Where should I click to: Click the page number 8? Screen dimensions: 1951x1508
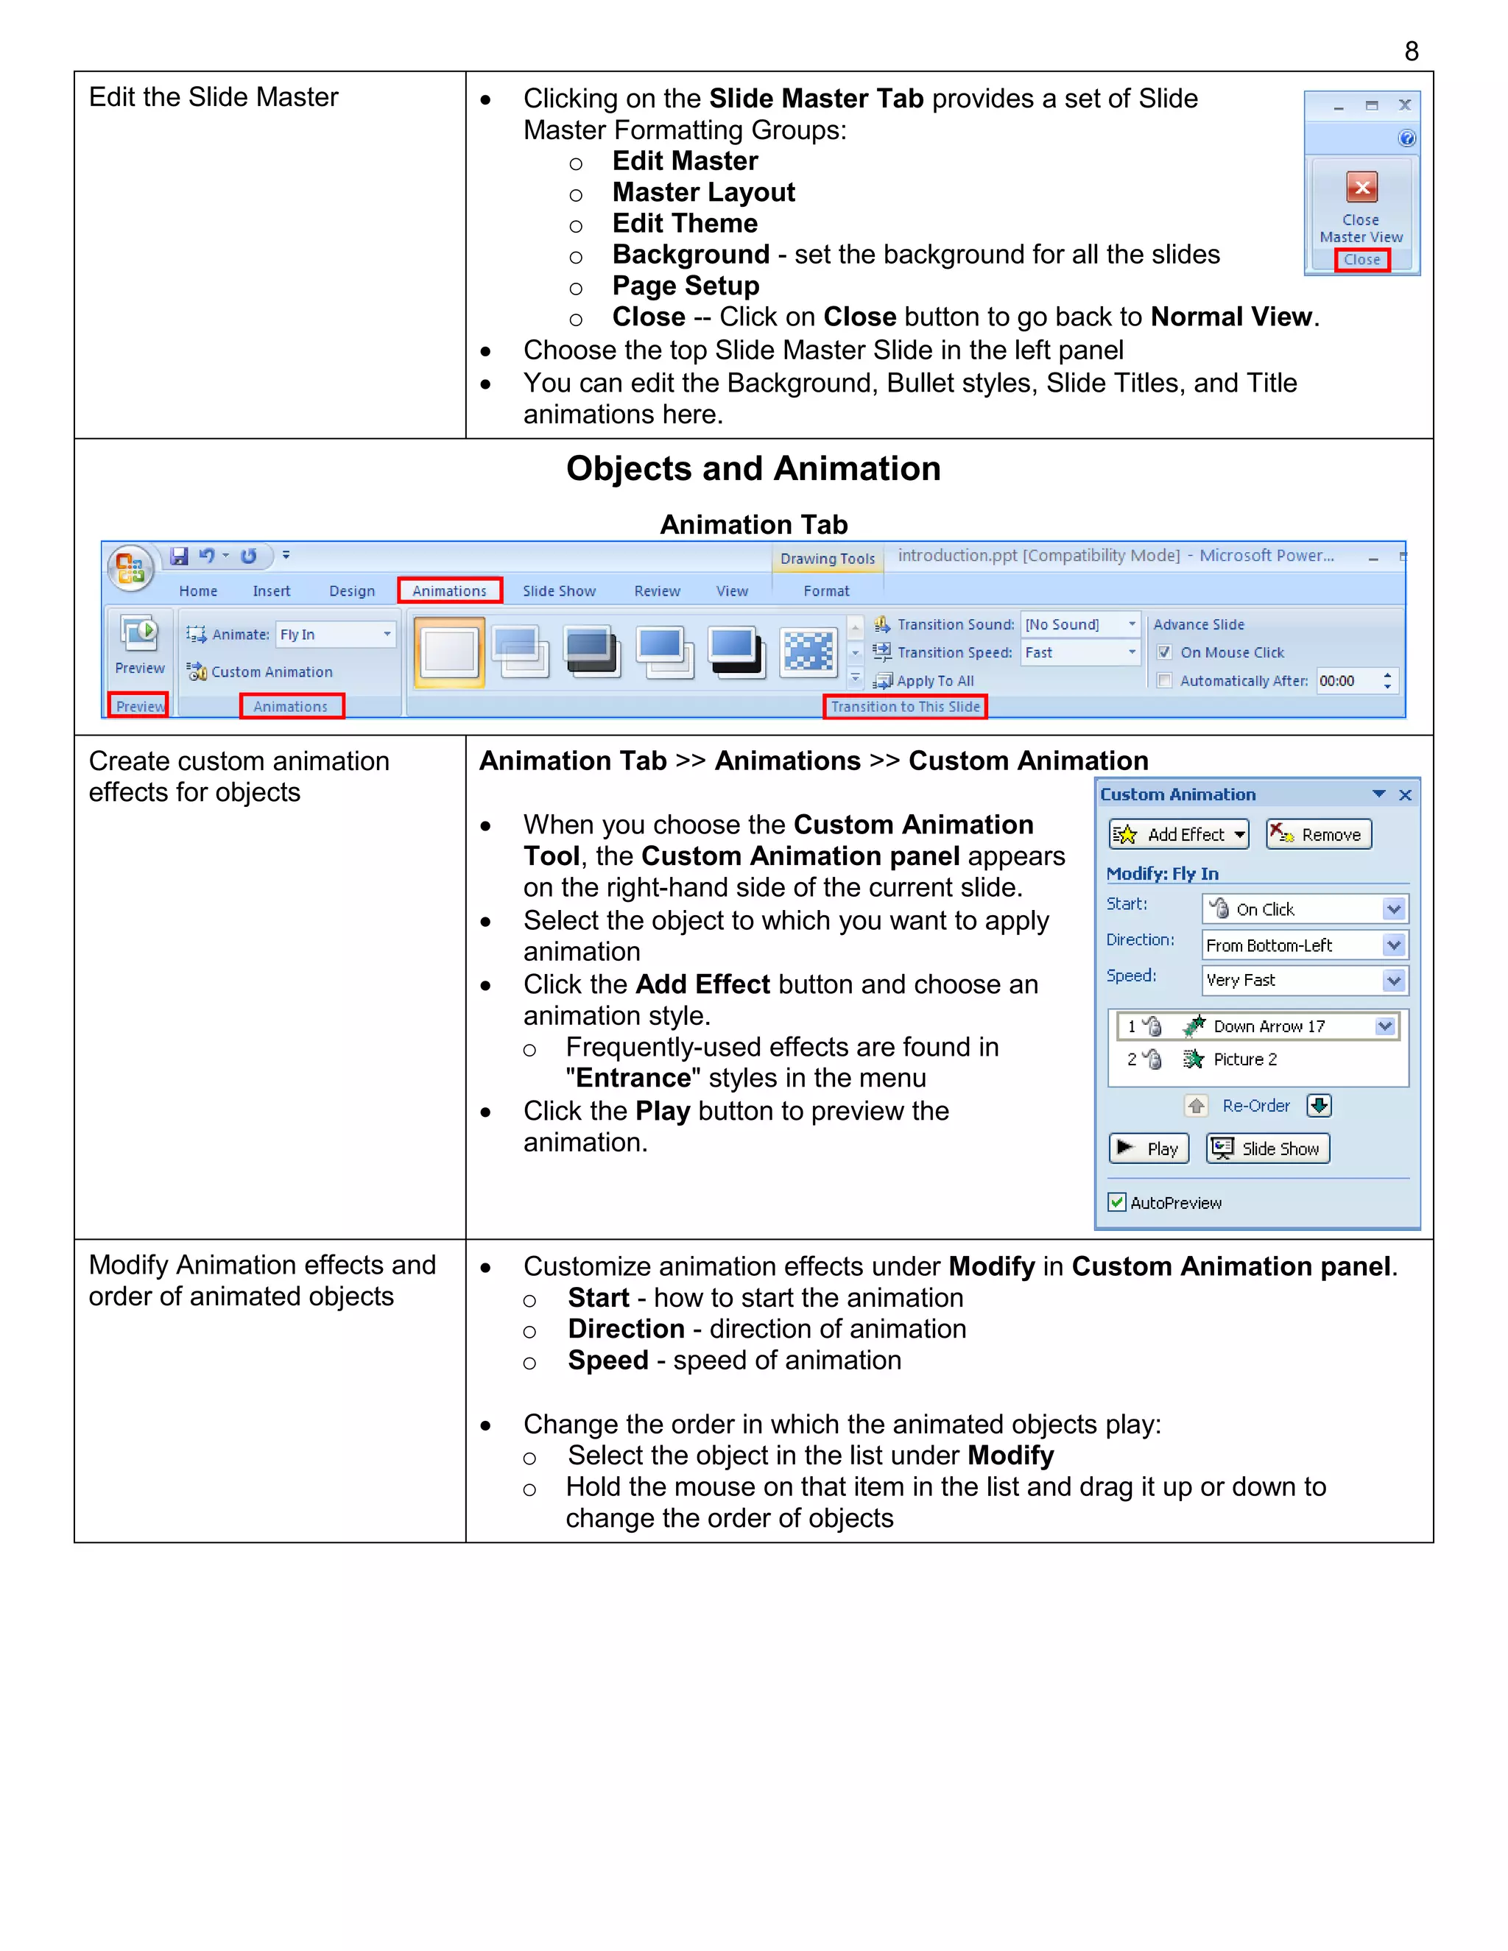point(1411,52)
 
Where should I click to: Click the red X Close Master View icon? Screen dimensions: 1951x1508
point(1361,188)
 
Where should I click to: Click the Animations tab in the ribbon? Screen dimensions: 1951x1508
point(449,590)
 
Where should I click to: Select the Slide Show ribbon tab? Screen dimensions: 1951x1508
point(558,590)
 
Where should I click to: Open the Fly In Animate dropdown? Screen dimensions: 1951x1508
point(387,634)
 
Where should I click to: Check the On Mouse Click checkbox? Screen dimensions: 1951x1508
point(1164,652)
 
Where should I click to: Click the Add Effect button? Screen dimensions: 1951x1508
point(1178,834)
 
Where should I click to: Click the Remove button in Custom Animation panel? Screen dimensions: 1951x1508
point(1319,834)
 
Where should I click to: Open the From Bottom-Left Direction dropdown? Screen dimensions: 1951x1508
point(1392,945)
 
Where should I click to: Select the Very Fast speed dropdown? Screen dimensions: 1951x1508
point(1392,981)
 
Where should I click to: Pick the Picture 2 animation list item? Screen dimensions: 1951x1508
point(1244,1059)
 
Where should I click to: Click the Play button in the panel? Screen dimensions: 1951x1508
point(1149,1149)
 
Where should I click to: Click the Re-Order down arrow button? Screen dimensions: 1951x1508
point(1319,1106)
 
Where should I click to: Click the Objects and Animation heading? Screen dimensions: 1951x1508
point(753,469)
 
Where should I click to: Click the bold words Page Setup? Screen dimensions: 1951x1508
point(686,286)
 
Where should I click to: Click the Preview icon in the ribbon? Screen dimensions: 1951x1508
point(139,634)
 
